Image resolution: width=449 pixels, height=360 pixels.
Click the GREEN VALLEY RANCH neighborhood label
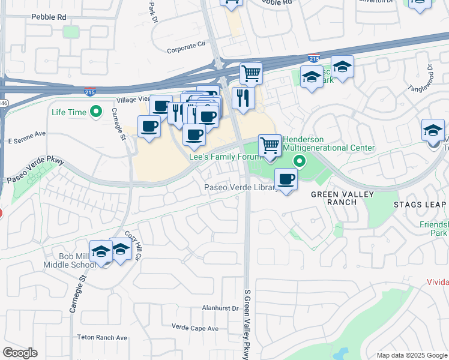pos(342,198)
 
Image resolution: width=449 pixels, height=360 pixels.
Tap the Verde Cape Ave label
pos(195,328)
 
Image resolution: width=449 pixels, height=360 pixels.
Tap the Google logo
pos(20,353)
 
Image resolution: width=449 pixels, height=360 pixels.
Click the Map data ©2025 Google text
pos(411,355)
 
